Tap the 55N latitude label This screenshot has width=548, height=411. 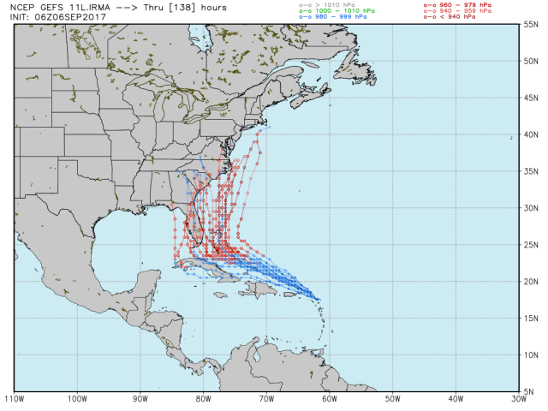coord(532,25)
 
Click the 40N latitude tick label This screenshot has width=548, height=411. coord(532,135)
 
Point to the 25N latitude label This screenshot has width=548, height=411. coord(532,245)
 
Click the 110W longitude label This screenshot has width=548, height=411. coord(14,398)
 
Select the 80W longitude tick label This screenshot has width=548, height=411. coord(203,398)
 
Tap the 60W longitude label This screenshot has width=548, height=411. coord(329,398)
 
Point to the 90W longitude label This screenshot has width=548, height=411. coord(140,398)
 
